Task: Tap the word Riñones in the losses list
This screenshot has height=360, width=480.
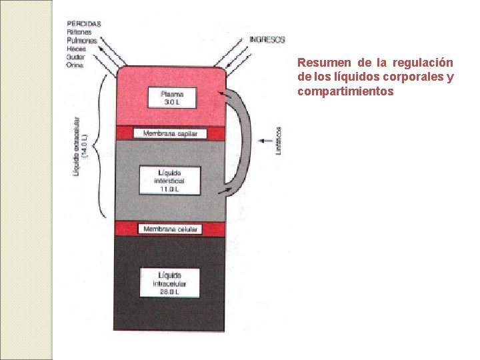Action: click(77, 32)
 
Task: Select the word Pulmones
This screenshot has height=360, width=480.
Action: click(81, 40)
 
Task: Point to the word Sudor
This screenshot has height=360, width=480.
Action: click(75, 56)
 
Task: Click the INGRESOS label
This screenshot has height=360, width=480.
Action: click(267, 40)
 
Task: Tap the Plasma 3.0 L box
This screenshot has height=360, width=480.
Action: click(172, 97)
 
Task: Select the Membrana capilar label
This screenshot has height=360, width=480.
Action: click(171, 133)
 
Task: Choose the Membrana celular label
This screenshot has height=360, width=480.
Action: click(171, 229)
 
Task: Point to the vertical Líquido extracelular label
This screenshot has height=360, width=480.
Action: click(79, 143)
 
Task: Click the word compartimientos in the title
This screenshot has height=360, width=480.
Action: click(345, 90)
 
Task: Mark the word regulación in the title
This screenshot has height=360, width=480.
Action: click(423, 63)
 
